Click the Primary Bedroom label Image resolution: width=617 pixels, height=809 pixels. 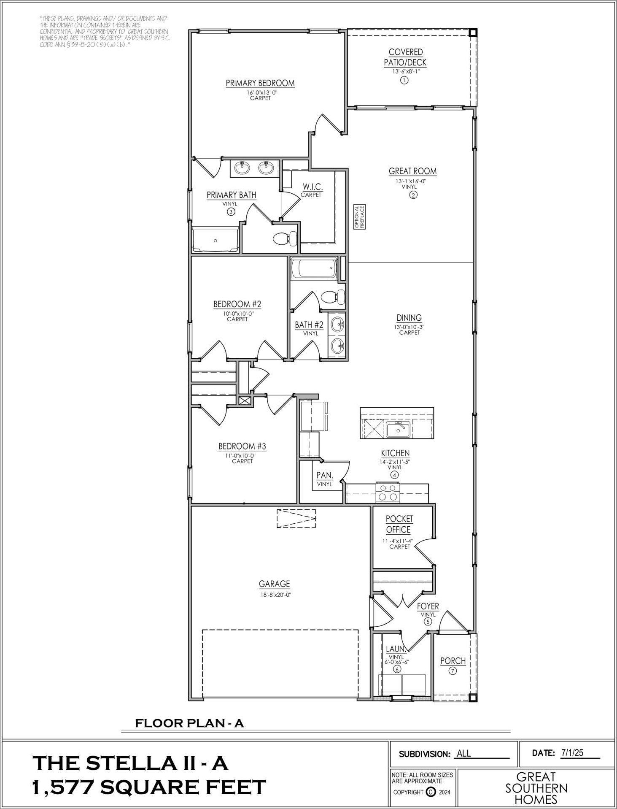[260, 83]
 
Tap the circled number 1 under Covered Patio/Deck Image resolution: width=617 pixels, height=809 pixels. [404, 80]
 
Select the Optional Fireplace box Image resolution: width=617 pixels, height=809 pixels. [359, 217]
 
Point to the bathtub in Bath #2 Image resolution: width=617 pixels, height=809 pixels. [314, 268]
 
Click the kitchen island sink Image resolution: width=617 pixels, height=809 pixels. [398, 430]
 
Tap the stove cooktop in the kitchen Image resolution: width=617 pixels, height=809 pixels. [388, 492]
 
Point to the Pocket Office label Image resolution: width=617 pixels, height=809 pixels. [399, 524]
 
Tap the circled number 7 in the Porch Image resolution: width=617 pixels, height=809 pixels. [453, 671]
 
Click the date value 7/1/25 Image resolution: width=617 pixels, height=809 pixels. [572, 752]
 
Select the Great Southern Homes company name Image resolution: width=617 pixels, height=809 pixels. [536, 788]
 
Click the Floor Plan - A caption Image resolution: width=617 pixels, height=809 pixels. [189, 723]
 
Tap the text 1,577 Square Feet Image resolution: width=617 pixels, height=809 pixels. [149, 787]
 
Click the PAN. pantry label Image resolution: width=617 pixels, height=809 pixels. [325, 476]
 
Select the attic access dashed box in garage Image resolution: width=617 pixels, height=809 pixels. [296, 518]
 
